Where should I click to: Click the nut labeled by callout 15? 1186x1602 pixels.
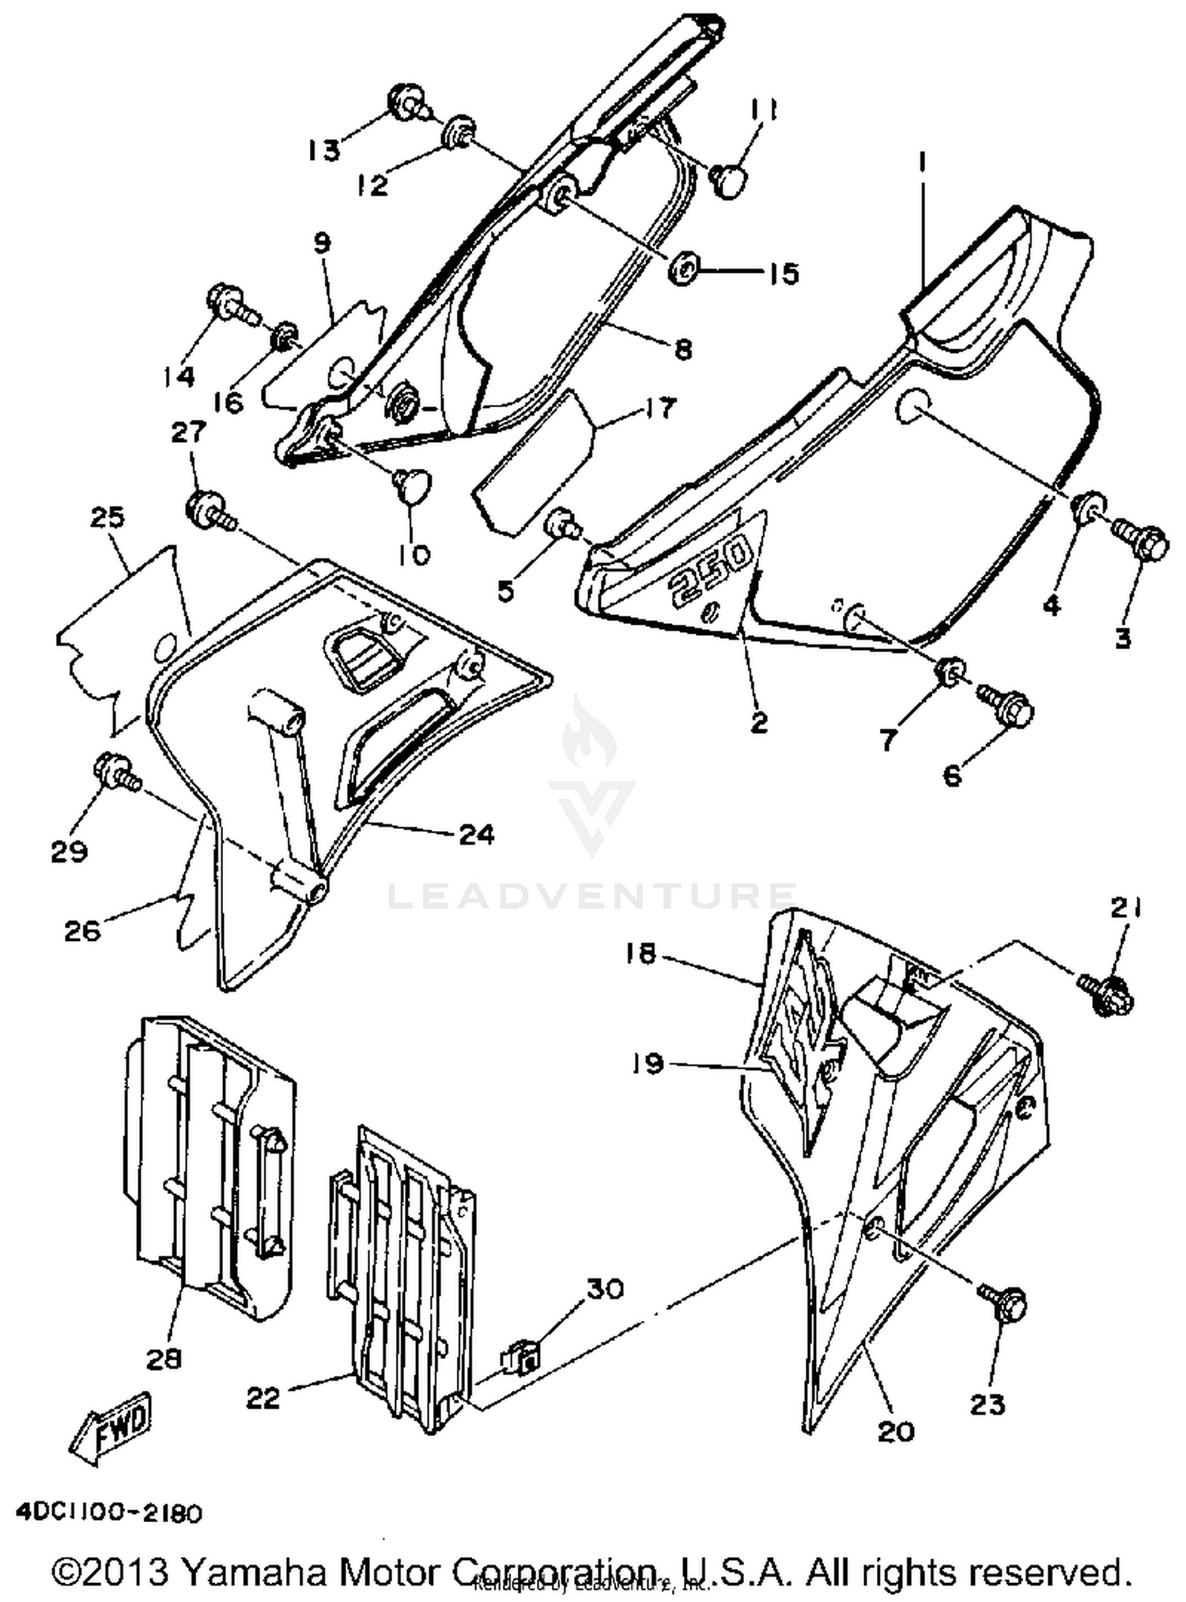682,269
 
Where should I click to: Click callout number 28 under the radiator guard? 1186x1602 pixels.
164,1359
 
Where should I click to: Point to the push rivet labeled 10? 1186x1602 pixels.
413,482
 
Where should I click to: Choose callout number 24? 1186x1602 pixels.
477,834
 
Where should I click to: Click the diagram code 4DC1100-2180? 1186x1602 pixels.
109,1513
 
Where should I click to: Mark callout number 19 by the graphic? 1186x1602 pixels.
648,1064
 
